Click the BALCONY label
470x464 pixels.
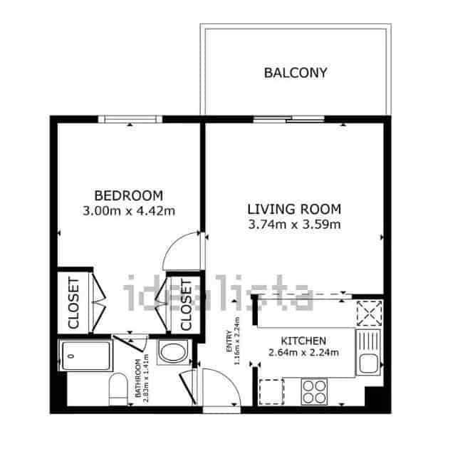tap(295, 72)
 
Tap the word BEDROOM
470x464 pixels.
tap(129, 195)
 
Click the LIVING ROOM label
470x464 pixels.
tap(294, 210)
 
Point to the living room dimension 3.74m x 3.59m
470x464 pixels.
tap(294, 225)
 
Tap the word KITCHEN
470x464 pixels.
tap(303, 341)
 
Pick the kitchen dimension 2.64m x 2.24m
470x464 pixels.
tap(303, 352)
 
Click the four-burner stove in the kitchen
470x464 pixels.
tap(314, 391)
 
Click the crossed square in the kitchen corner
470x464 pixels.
tap(369, 312)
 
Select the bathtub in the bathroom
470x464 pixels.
tap(85, 355)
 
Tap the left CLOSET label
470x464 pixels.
tap(73, 303)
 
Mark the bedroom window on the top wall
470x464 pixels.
tap(130, 119)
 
